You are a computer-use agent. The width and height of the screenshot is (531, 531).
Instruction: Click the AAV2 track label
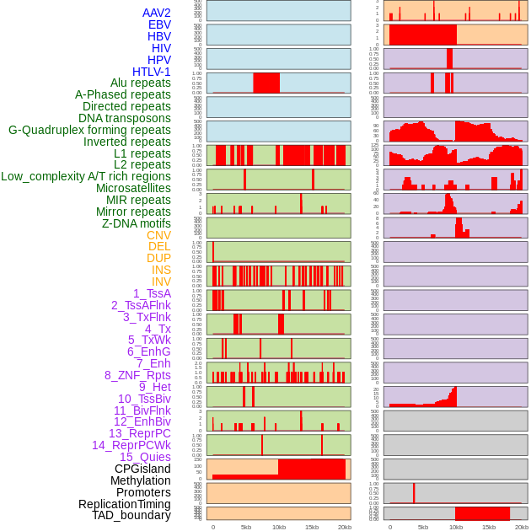[157, 13]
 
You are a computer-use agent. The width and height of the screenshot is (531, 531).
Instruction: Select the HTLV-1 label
[152, 72]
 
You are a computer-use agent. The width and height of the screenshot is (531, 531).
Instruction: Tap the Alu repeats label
[141, 83]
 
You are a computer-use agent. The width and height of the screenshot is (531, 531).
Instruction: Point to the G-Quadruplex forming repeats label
[89, 130]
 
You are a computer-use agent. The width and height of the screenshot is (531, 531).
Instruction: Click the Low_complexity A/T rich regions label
[86, 176]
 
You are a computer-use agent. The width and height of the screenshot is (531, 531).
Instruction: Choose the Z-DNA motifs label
[137, 223]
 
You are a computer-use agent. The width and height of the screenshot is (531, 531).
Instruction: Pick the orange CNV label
[158, 235]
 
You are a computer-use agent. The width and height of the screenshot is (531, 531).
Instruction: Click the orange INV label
[161, 282]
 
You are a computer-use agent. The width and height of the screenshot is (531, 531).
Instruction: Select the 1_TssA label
[152, 293]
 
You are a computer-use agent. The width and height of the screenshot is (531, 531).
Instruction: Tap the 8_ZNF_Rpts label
[137, 375]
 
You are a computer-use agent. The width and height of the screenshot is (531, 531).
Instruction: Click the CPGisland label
[142, 469]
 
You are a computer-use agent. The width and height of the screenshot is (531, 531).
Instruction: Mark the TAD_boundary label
[131, 515]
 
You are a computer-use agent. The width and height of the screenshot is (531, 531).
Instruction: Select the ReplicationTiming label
[125, 504]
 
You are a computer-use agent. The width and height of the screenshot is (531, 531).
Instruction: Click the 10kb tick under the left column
[279, 527]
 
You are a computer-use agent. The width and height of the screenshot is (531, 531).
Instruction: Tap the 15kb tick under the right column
[489, 527]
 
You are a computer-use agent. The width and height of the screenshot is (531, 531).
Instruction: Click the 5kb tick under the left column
[246, 527]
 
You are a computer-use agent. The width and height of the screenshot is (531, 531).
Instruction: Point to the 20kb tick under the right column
[522, 527]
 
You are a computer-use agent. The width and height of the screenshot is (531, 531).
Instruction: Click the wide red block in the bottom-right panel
[482, 513]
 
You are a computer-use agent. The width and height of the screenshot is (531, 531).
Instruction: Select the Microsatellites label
[133, 188]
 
